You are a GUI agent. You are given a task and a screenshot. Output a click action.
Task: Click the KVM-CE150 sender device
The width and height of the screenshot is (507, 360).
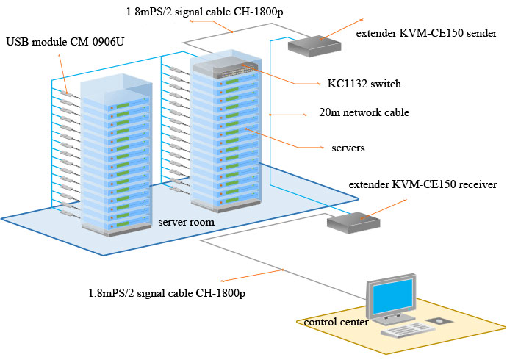coord(314,46)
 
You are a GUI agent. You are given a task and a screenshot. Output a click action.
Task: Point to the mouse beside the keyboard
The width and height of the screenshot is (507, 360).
coord(439,321)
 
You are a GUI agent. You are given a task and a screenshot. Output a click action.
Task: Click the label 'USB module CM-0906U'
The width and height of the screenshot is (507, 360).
coord(65,41)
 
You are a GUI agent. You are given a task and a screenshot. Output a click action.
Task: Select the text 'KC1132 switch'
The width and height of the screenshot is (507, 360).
coord(364,84)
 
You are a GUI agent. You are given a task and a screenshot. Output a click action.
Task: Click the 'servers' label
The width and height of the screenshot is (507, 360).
coord(348,148)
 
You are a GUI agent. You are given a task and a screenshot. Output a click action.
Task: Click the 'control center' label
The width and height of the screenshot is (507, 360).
coord(336,322)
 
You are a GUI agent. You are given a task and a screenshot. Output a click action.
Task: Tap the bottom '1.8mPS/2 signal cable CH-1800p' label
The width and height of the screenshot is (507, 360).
coord(164,293)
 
